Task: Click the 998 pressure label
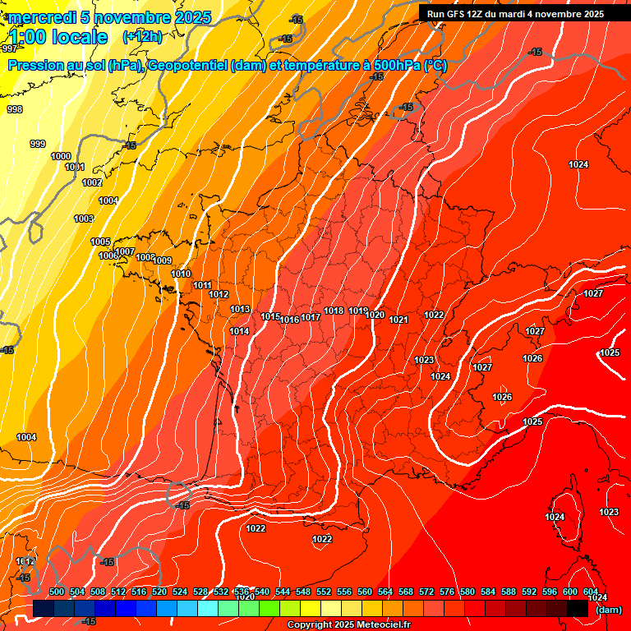pyautogui.click(x=15, y=109)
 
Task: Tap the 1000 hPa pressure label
pyautogui.click(x=61, y=156)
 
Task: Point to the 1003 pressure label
pyautogui.click(x=84, y=219)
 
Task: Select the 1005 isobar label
pyautogui.click(x=100, y=242)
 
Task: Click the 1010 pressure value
pyautogui.click(x=181, y=274)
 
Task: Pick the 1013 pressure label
pyautogui.click(x=240, y=309)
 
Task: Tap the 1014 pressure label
pyautogui.click(x=239, y=331)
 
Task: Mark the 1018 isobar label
pyautogui.click(x=334, y=311)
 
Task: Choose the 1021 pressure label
pyautogui.click(x=398, y=320)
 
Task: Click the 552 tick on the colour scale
pyautogui.click(x=324, y=592)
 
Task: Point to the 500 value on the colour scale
pyautogui.click(x=57, y=592)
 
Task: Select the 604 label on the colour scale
pyautogui.click(x=591, y=592)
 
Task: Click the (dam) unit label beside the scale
pyautogui.click(x=608, y=610)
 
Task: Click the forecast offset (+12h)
pyautogui.click(x=142, y=36)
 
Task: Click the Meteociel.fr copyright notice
pyautogui.click(x=348, y=625)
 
